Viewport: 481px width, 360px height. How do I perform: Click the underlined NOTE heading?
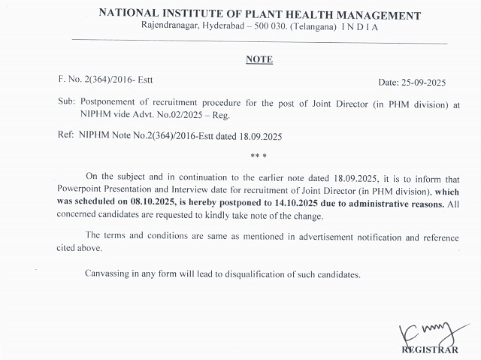(259, 59)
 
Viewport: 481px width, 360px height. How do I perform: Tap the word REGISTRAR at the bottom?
(429, 349)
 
